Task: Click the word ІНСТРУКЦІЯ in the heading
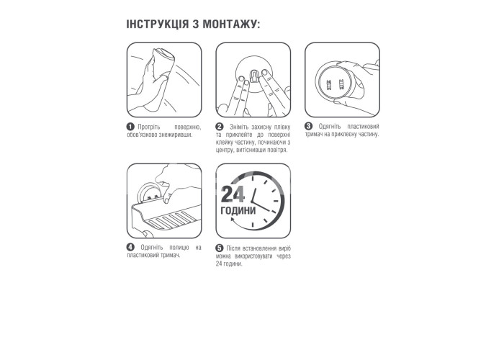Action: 158,24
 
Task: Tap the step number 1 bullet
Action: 130,127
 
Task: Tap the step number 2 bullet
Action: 219,127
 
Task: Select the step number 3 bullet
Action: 308,126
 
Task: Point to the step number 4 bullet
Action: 130,247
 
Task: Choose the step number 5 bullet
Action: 219,248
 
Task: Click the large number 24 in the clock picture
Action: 233,194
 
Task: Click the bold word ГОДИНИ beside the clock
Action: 238,210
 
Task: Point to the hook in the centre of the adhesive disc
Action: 254,77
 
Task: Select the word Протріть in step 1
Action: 149,127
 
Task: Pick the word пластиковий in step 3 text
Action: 363,127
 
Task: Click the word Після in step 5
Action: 233,248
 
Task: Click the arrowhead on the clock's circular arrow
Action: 233,220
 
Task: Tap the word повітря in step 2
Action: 276,150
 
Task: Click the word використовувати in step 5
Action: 253,256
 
